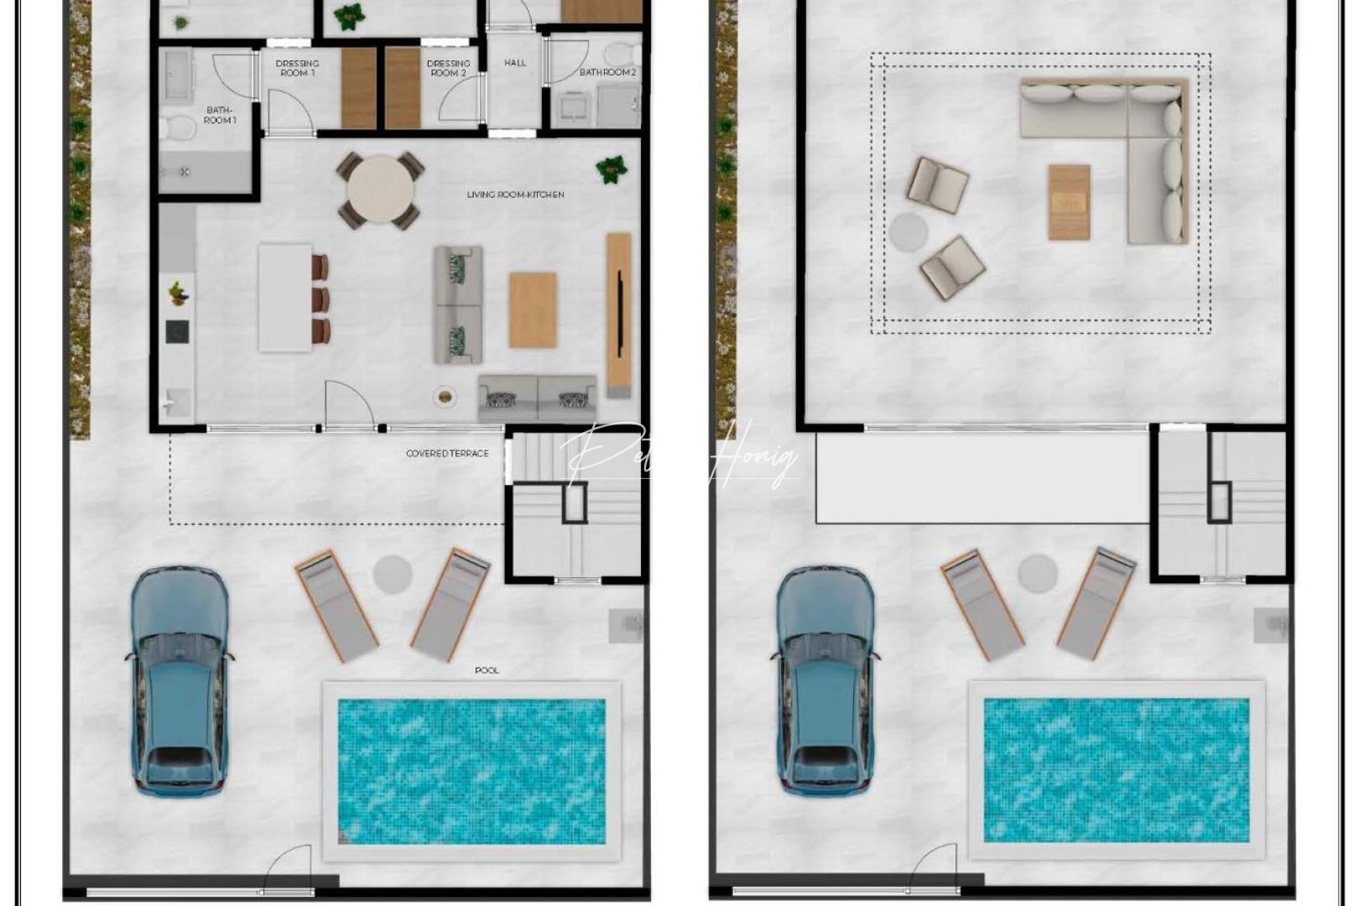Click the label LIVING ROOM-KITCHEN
point(515,195)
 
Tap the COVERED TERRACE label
point(446,454)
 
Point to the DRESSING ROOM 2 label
point(448,68)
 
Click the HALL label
point(515,63)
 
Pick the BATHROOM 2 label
point(607,73)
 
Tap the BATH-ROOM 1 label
point(219,115)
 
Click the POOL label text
point(487,670)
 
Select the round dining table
point(380,190)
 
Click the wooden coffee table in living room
point(533,310)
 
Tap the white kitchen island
point(284,297)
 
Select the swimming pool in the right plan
point(1116,770)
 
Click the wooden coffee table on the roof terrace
point(1069,202)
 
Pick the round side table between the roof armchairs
point(909,231)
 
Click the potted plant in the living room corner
point(612,169)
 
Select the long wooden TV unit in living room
point(618,315)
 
